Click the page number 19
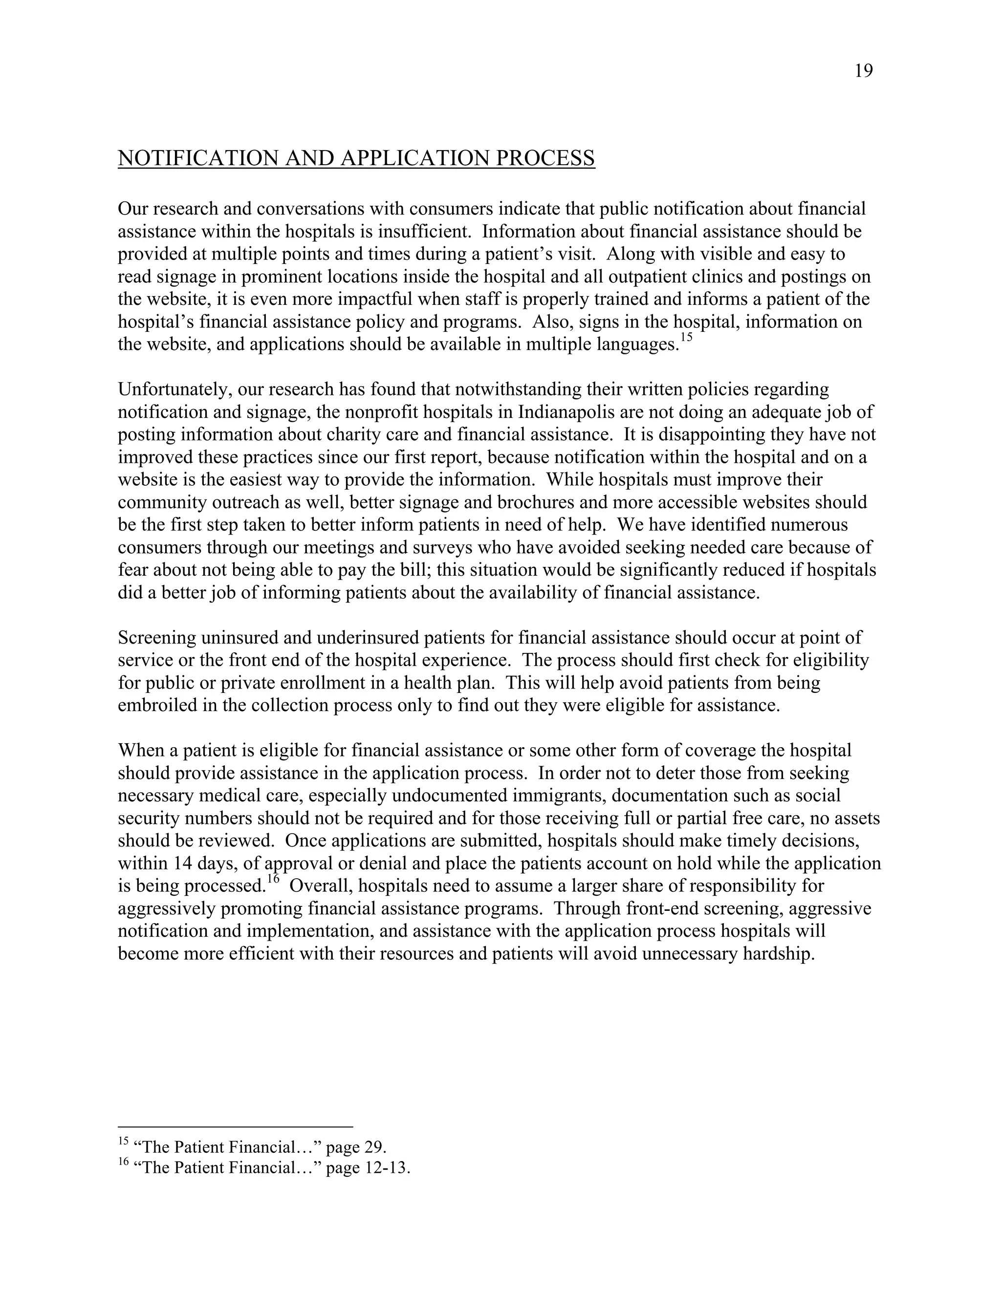point(864,71)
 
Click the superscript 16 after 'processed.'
point(273,879)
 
